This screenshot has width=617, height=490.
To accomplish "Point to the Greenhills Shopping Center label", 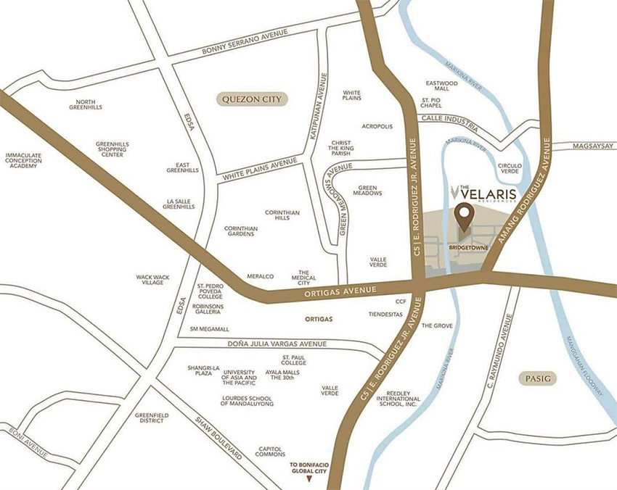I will [x=113, y=149].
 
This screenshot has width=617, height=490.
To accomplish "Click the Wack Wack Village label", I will [x=153, y=280].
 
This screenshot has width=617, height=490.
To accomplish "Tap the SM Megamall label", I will [x=209, y=329].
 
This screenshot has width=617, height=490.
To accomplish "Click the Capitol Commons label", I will [x=270, y=453].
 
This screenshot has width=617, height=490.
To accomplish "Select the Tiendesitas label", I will [x=388, y=314].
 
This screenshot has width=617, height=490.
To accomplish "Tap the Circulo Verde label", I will [x=510, y=170].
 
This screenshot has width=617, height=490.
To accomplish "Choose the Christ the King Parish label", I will [x=341, y=148].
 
